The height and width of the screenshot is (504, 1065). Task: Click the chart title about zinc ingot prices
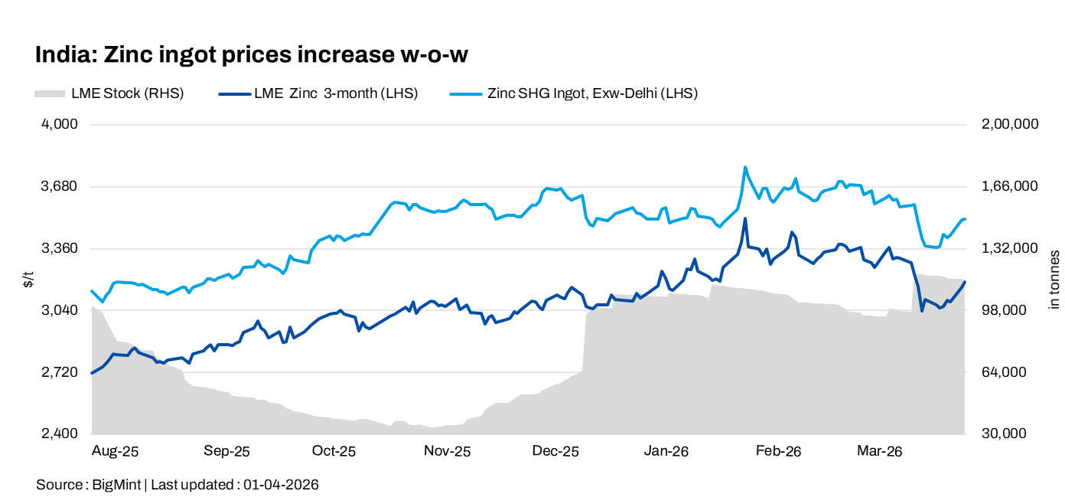[251, 55]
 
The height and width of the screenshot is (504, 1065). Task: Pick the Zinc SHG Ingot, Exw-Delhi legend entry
[592, 93]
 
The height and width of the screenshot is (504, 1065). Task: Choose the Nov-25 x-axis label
[447, 452]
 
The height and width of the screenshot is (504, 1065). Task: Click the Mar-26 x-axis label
[880, 452]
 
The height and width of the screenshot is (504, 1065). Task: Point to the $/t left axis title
[28, 280]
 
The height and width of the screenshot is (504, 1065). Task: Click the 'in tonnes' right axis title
[1054, 280]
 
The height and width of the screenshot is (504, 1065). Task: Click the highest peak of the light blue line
[744, 167]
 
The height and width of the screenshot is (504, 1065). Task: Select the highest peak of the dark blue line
[744, 218]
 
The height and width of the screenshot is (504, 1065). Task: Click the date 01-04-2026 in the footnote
[281, 485]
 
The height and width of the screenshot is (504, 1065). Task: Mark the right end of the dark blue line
[966, 282]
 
